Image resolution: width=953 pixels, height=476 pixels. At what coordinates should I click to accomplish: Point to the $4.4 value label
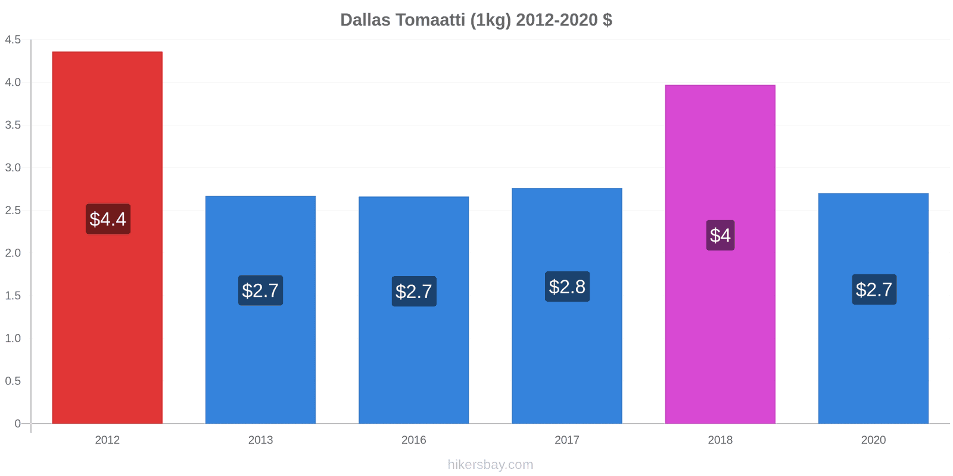[x=108, y=219]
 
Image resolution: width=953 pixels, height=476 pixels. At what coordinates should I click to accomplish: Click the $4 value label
[x=720, y=235]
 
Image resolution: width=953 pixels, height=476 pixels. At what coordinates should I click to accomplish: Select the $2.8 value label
[x=567, y=287]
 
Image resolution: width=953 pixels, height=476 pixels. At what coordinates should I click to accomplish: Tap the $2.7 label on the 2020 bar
[x=874, y=290]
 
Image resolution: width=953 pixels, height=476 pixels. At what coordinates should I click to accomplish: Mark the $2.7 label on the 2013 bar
[x=260, y=290]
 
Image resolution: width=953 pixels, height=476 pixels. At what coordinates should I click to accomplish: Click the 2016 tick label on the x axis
[x=413, y=440]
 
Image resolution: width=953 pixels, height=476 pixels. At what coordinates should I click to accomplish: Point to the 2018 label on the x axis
[x=720, y=440]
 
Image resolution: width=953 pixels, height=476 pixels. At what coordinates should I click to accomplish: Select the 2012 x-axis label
[x=107, y=440]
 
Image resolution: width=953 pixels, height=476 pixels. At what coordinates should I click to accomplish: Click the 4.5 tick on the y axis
[x=13, y=40]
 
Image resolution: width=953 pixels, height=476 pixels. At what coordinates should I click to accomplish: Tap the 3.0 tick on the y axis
[x=13, y=168]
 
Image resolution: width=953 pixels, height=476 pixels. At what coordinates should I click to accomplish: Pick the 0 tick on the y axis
[x=17, y=424]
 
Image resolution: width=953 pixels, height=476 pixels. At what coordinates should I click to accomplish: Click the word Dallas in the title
[x=365, y=20]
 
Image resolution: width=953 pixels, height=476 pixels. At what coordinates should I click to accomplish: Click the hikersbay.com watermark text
[x=490, y=465]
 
